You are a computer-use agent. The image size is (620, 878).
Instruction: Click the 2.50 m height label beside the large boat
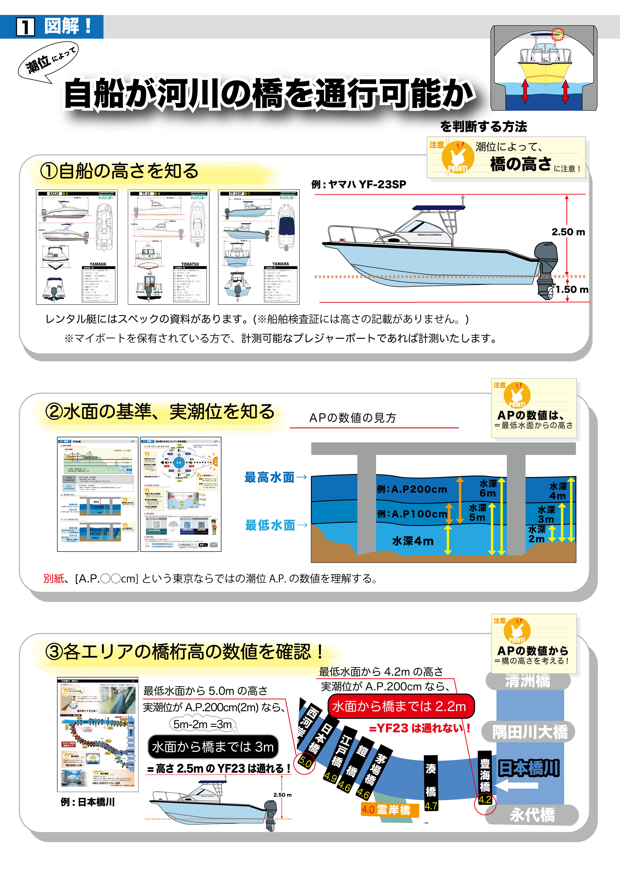pos(568,232)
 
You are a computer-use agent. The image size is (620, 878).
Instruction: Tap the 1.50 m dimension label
pos(571,289)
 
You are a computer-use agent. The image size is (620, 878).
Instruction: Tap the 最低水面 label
pos(270,525)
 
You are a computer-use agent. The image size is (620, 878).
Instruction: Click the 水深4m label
pos(413,541)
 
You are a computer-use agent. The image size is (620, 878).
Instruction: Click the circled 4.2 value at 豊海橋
pos(485,800)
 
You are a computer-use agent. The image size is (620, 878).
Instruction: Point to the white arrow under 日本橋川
pos(518,786)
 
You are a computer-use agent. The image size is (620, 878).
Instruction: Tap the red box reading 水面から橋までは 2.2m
pos(400,706)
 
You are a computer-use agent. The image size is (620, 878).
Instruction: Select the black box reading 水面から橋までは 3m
pos(213,747)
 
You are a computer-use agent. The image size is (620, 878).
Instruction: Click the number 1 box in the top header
pos(26,27)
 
